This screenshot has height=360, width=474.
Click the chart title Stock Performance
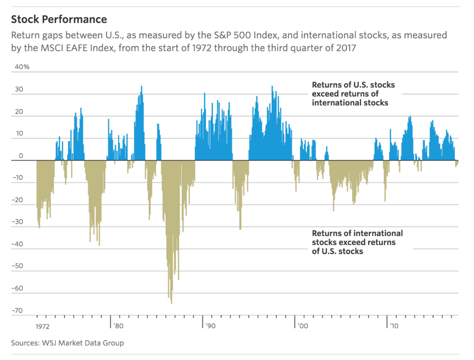[59, 19]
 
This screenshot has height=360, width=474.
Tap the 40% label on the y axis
[22, 67]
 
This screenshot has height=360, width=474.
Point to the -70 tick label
[17, 310]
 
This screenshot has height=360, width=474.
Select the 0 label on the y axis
[21, 156]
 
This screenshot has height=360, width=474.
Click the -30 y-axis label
[17, 222]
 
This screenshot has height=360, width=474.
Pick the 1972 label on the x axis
[42, 327]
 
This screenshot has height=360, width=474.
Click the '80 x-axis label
[118, 326]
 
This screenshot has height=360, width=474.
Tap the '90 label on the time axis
[211, 326]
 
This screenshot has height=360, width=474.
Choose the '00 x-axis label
[303, 326]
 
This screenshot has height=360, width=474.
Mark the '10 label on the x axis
[394, 326]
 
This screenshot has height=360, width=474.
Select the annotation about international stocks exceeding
[357, 242]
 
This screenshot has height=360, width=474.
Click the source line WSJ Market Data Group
[82, 343]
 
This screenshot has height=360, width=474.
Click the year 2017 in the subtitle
[345, 48]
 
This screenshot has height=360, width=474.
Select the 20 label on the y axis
[19, 112]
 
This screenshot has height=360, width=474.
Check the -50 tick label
[17, 266]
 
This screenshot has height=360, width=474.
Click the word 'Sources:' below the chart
[25, 343]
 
